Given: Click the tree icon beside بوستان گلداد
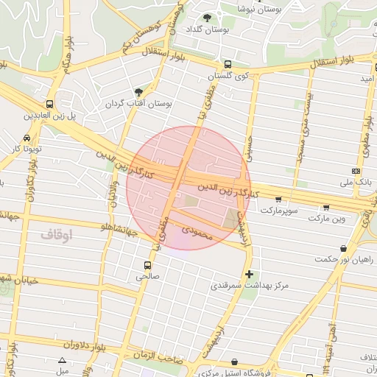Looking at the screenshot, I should (x=207, y=18).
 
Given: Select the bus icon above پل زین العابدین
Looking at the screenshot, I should (x=49, y=104).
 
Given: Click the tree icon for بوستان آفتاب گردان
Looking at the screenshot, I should (x=138, y=92).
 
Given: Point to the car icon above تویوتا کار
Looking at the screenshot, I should (x=27, y=138).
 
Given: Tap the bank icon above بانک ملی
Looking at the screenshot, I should (x=356, y=171).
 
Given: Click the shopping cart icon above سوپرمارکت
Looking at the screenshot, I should (x=278, y=199).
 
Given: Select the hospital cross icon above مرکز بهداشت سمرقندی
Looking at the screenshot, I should (x=249, y=274).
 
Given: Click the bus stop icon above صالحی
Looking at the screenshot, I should (x=148, y=265).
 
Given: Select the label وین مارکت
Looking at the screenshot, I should (x=326, y=219).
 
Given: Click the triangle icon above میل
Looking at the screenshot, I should (x=62, y=361).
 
